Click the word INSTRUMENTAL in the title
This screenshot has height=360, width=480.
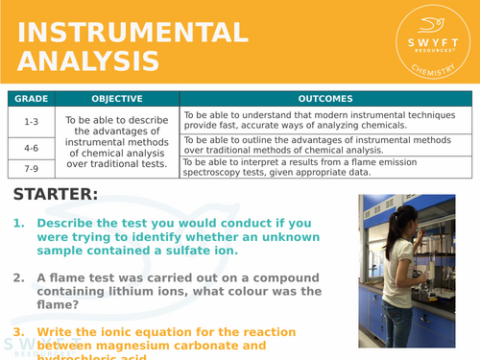coord(133,33)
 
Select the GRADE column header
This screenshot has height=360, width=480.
coord(31,98)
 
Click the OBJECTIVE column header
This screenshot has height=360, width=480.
coord(117,98)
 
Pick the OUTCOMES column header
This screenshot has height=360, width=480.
coord(325,98)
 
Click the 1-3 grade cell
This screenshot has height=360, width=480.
coord(31,121)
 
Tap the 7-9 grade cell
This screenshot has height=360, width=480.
coord(31,168)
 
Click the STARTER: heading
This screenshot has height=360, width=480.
coord(56,195)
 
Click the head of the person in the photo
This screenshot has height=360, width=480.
coord(400,216)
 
